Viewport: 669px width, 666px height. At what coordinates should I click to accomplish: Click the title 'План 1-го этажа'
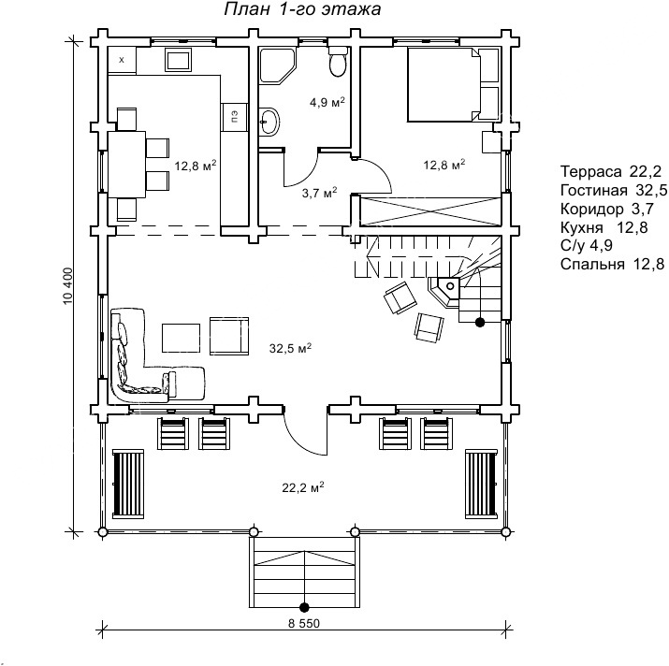click(302, 9)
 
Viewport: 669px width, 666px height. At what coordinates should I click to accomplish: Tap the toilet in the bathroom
click(339, 62)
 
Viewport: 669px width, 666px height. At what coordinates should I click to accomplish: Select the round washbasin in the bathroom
click(269, 122)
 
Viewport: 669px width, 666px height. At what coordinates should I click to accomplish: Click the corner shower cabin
click(276, 65)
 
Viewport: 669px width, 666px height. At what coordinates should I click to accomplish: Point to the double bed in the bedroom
click(444, 84)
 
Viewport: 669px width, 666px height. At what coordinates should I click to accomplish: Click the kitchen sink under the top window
click(179, 59)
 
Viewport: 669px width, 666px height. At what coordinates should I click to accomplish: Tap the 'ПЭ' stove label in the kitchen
click(234, 116)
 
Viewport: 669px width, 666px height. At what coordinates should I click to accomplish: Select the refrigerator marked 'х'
click(122, 60)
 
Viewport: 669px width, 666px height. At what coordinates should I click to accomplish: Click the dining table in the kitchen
click(126, 164)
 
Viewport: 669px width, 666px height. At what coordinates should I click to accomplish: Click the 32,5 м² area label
click(290, 348)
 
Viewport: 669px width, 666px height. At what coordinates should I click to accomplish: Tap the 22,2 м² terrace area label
click(303, 486)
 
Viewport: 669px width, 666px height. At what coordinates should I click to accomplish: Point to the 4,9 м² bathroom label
click(327, 102)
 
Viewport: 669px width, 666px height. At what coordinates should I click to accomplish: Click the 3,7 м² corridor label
click(320, 193)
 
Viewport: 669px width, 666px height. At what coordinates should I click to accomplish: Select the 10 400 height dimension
click(68, 286)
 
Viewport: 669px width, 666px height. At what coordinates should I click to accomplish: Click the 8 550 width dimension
click(304, 623)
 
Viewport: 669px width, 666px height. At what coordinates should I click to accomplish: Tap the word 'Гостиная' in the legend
click(594, 190)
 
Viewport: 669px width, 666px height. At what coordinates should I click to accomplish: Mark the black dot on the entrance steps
click(304, 607)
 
